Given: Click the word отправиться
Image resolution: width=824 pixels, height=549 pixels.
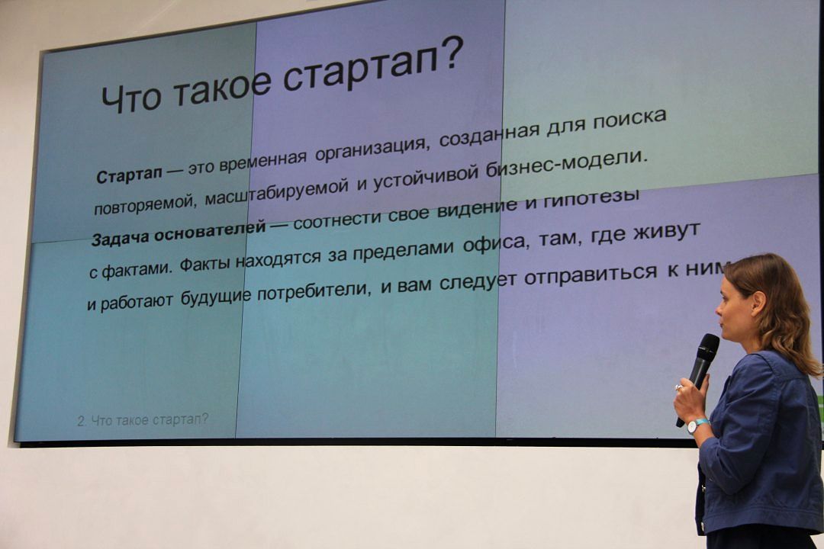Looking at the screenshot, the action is pyautogui.click(x=590, y=273).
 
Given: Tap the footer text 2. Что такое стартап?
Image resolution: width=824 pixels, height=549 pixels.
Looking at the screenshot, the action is pyautogui.click(x=143, y=420).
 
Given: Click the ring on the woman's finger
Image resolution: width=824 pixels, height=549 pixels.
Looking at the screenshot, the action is pyautogui.click(x=679, y=388).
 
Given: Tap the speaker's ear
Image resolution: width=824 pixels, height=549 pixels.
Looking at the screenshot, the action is pyautogui.click(x=758, y=303).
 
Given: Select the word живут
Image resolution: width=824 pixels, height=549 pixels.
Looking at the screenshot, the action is pyautogui.click(x=666, y=231).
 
